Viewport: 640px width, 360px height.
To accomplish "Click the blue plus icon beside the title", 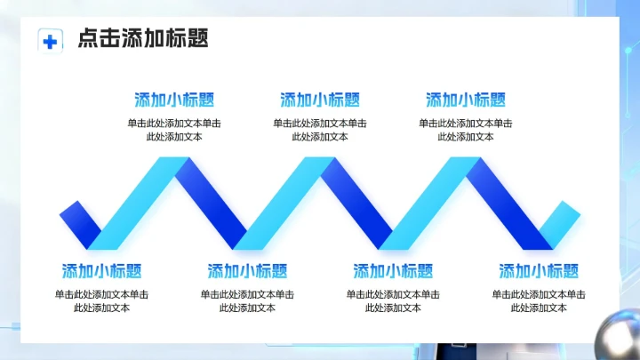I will tap(51, 40).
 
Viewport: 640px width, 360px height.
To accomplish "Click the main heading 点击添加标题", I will tap(142, 38).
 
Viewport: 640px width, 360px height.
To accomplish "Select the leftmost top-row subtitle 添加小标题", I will tap(174, 100).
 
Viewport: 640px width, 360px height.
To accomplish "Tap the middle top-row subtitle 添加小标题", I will tap(320, 100).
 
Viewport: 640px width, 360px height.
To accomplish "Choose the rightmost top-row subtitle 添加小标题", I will tap(466, 100).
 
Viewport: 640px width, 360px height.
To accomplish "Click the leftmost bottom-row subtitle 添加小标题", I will tap(101, 271).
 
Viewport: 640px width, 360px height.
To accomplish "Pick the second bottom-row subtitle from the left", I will tap(247, 271).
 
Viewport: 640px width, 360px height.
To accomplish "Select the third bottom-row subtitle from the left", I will tap(393, 271).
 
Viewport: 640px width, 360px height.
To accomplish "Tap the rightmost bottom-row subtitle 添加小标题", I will tap(539, 271).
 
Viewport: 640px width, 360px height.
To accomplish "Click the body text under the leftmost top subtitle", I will tap(174, 130).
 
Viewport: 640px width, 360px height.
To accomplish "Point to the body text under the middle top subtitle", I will tap(320, 130).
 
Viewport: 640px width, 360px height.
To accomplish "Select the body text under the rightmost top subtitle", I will tap(466, 130).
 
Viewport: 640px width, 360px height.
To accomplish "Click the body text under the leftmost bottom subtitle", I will tap(101, 300).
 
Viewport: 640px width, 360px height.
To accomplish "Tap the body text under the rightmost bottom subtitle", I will tap(539, 300).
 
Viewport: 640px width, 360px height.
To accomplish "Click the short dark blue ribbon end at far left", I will tap(76, 220).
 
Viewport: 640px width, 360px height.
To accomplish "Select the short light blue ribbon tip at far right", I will tap(563, 220).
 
